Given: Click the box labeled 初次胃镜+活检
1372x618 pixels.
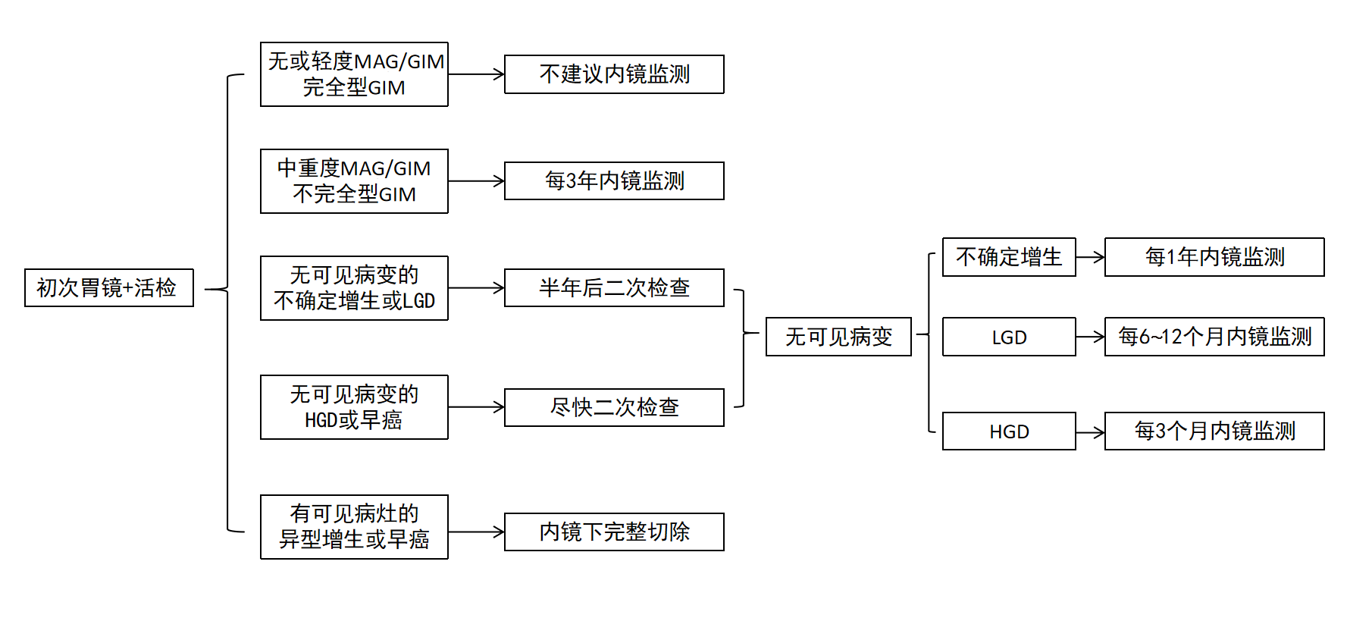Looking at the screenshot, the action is coord(109,288).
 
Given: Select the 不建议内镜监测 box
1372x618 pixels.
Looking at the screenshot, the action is coord(614,74).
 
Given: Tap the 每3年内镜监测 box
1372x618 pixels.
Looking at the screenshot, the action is coord(614,181).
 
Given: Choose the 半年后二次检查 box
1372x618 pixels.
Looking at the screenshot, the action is coord(614,288).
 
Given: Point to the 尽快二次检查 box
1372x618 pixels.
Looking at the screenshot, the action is coord(614,407).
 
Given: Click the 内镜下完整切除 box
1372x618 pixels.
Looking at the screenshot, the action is coord(614,532).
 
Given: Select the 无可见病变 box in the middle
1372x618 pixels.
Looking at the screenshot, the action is coord(838,337).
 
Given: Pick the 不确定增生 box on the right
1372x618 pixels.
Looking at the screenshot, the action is coord(1009,257).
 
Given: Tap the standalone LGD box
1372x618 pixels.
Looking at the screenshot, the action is coord(1009,337).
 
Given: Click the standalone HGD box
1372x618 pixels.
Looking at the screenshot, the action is coord(1009,431).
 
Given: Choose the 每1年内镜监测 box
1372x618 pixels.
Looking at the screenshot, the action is coord(1214,257).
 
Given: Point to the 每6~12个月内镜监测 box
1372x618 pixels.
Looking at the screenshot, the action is coord(1214,337).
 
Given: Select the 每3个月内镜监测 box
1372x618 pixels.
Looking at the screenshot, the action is coord(1214,431).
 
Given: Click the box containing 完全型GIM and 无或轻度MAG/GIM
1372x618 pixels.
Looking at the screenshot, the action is coord(354,74).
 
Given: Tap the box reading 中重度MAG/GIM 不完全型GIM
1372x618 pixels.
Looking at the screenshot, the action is coord(354,181).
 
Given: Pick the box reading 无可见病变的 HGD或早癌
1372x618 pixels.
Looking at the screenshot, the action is coord(354,407).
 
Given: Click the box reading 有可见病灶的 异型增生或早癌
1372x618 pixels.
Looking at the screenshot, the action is coord(354,527).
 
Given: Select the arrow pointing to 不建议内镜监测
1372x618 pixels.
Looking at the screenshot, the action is coord(476,74).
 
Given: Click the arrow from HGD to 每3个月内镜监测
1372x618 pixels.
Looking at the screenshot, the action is coord(1090,432).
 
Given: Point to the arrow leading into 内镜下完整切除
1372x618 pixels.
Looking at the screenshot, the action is coord(476,532).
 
